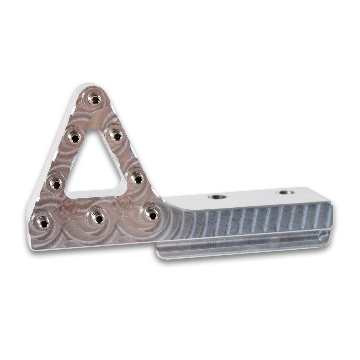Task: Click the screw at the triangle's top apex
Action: (x=94, y=99)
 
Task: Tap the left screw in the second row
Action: (x=74, y=137)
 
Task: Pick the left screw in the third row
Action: (x=56, y=183)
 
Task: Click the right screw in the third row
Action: (x=137, y=179)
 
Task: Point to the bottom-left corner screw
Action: (x=43, y=222)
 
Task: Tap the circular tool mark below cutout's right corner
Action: (x=121, y=205)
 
